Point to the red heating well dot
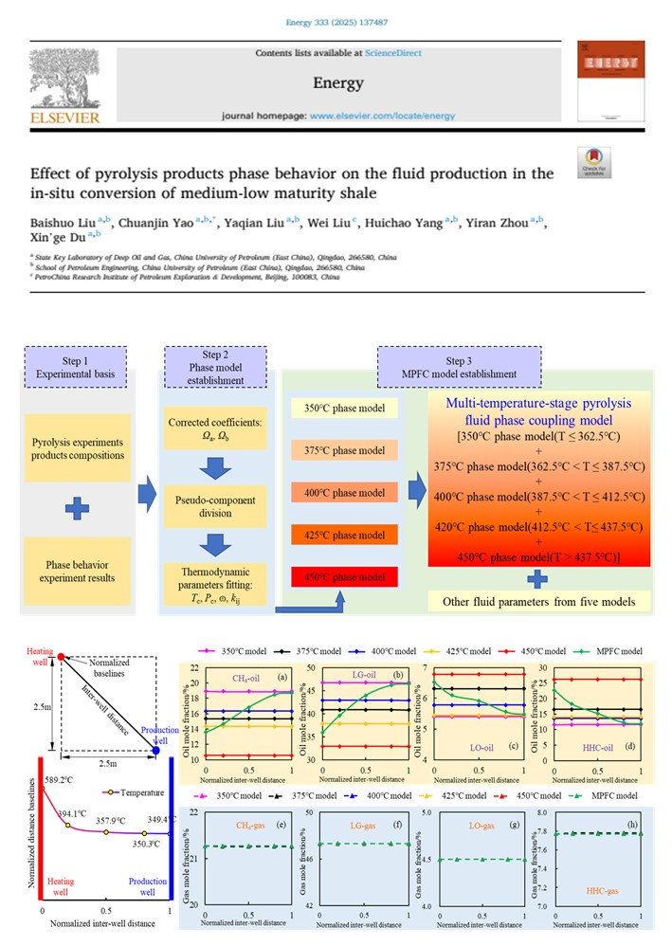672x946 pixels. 60,656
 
